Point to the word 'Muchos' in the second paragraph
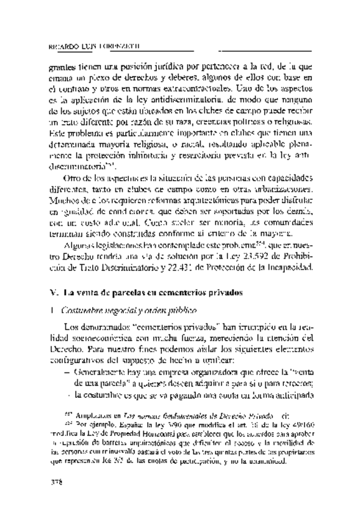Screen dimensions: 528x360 click(64, 200)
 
